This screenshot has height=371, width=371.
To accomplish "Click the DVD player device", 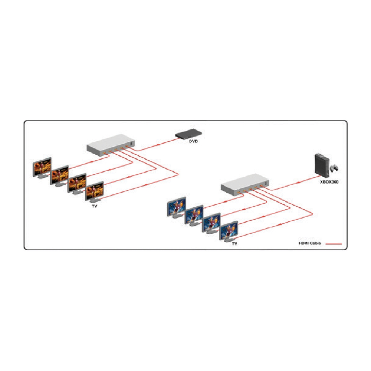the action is pyautogui.click(x=188, y=134).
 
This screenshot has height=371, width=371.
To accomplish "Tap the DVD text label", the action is pyautogui.click(x=193, y=141).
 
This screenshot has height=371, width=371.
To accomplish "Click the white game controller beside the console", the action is pyautogui.click(x=334, y=168).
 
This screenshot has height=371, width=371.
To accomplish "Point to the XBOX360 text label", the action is pyautogui.click(x=329, y=182).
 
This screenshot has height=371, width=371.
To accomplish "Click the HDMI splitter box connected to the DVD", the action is pyautogui.click(x=111, y=145).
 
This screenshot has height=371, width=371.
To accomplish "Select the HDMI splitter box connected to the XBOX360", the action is pyautogui.click(x=245, y=184).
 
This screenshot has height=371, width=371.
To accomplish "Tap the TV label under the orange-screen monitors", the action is pyautogui.click(x=95, y=206).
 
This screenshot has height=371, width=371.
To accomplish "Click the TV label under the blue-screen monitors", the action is pyautogui.click(x=234, y=243).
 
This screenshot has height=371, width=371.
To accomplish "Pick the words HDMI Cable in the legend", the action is pyautogui.click(x=309, y=243).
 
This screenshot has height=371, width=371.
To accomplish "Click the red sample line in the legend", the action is pyautogui.click(x=334, y=244).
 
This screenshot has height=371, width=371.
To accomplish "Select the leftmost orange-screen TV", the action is pyautogui.click(x=42, y=168).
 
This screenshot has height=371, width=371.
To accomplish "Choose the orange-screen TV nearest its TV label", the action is pyautogui.click(x=94, y=192).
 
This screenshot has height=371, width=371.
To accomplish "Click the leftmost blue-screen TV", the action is pyautogui.click(x=176, y=207).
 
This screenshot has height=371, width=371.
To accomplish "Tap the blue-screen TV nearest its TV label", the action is pyautogui.click(x=229, y=231).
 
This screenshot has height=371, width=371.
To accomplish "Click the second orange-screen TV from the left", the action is pyautogui.click(x=59, y=176).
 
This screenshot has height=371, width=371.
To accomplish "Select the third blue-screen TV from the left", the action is pyautogui.click(x=211, y=223).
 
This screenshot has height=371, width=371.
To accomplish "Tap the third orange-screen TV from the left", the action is pyautogui.click(x=77, y=184).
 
